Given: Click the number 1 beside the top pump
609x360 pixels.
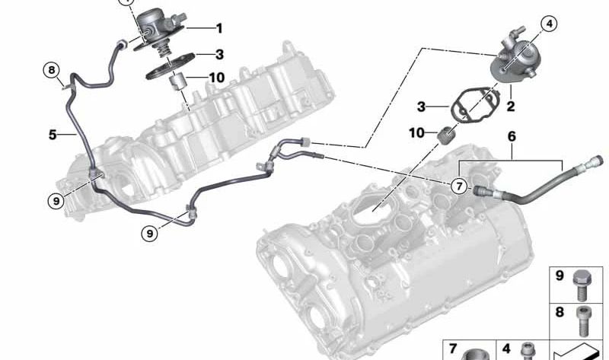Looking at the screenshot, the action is [x=219, y=28].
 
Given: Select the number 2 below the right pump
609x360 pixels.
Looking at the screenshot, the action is [x=510, y=106].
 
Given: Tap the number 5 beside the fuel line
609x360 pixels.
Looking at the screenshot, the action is [x=53, y=135].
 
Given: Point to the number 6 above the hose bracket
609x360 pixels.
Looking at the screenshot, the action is [x=512, y=137].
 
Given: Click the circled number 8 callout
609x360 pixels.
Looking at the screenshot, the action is [x=52, y=71].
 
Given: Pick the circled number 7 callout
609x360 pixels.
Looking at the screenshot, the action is [x=459, y=186].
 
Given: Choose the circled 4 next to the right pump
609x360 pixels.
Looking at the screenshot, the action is [x=549, y=24].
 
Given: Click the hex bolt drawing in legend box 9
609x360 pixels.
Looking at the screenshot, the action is [x=582, y=285].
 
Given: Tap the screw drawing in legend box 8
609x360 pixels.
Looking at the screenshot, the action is [x=582, y=321].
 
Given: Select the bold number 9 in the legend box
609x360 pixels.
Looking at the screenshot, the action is [x=560, y=276].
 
